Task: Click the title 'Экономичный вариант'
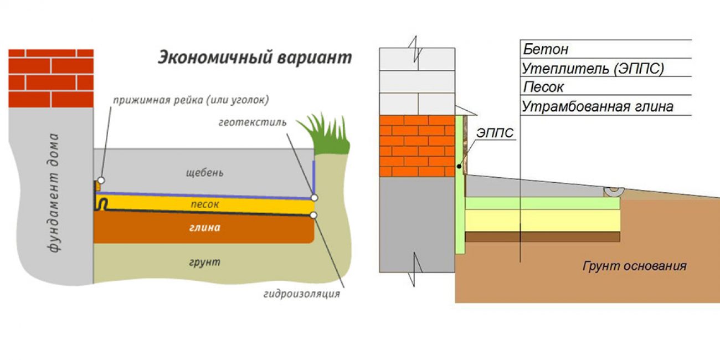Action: (x=255, y=58)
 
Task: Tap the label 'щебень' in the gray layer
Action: (x=205, y=172)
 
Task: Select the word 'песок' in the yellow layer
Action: (x=205, y=204)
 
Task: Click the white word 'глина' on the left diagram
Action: (x=205, y=228)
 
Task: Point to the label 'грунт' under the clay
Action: (x=205, y=261)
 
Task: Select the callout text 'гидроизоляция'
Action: (x=302, y=294)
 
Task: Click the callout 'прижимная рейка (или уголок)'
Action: (x=191, y=100)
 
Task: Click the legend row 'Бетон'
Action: (x=546, y=49)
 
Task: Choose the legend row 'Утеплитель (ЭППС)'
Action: (x=593, y=69)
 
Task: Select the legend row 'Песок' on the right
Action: (x=543, y=88)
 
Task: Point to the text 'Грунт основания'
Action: (x=634, y=266)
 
